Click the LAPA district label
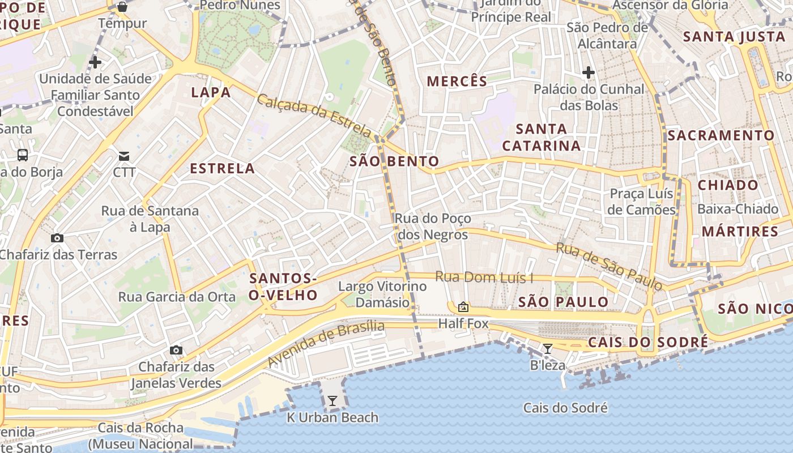211,92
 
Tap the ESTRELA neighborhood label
222,168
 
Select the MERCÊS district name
457,81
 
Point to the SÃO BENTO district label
394,161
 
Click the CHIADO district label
728,185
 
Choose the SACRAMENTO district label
720,135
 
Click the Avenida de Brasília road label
326,343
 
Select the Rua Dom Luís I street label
484,277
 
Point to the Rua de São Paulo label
609,266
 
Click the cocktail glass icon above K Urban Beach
332,401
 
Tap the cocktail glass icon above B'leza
547,349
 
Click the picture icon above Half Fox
463,307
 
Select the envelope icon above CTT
124,156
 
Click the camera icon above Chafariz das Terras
57,238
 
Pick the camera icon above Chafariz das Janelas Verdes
176,350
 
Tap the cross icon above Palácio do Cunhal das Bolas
589,72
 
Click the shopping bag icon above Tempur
122,7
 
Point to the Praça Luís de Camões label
641,202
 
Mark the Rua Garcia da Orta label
177,297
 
